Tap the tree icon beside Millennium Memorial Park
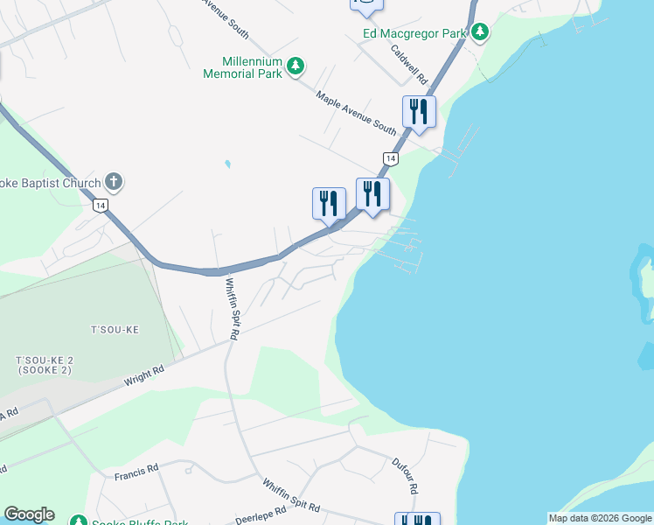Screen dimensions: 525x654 click(296, 66)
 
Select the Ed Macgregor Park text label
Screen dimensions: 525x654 click(415, 34)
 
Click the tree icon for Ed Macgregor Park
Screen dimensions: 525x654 click(479, 32)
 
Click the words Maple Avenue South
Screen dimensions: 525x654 click(357, 111)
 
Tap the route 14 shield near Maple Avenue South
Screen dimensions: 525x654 click(391, 158)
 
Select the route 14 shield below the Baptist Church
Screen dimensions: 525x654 click(101, 206)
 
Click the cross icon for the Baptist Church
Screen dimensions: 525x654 click(113, 182)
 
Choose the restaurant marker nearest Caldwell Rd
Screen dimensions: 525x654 click(419, 111)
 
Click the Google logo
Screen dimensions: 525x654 click(29, 514)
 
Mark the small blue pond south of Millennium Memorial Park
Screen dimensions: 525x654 click(227, 164)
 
